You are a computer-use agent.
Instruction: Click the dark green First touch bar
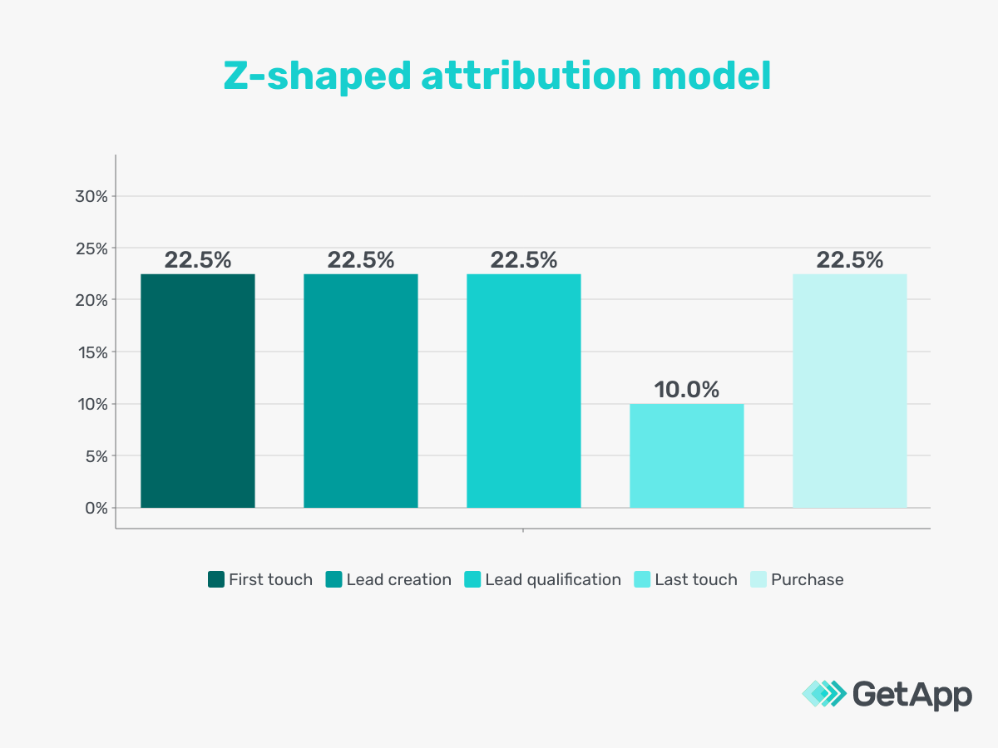[x=198, y=391]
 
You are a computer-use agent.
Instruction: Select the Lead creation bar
[x=361, y=391]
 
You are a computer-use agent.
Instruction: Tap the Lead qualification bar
[x=524, y=391]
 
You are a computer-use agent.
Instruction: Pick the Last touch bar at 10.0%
[x=687, y=455]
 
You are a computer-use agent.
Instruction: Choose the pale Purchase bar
[x=850, y=391]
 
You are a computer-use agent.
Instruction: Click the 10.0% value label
[x=687, y=389]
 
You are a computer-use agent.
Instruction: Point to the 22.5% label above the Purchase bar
[x=850, y=260]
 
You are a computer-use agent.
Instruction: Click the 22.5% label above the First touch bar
[x=198, y=260]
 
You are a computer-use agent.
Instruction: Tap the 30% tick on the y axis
[x=91, y=196]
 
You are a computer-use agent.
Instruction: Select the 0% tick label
[x=96, y=508]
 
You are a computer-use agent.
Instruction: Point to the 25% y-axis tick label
[x=91, y=249]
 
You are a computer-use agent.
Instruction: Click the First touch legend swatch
[x=216, y=580]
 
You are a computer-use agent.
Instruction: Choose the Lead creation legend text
[x=399, y=580]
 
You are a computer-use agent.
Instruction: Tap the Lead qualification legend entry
[x=553, y=580]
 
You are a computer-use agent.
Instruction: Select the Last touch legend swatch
[x=642, y=580]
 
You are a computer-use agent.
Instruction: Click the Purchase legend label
[x=808, y=580]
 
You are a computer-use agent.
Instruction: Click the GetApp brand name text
[x=912, y=694]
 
